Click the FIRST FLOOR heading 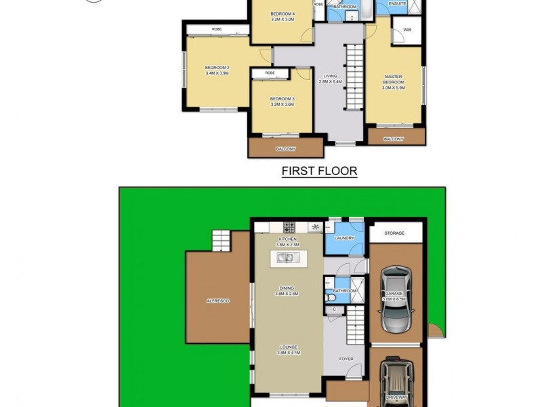pos(319,172)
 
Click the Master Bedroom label pos(394,79)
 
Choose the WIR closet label pos(406,30)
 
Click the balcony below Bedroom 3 pos(285,148)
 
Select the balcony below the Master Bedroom pos(394,138)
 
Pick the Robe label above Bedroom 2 pos(217,29)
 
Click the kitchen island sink pos(289,258)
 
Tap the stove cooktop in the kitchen pos(289,227)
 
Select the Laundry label pos(345,238)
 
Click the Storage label pos(395,233)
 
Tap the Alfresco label pos(218,301)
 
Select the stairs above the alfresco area pos(222,241)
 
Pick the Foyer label pos(346,360)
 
